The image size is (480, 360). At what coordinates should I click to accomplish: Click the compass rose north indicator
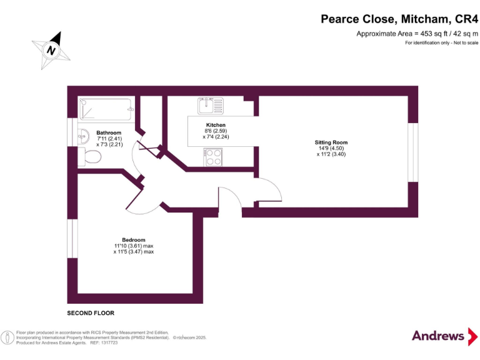click(52, 49)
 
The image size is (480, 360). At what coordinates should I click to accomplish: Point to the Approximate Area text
click(417, 34)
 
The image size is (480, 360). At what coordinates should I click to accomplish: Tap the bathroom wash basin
click(83, 134)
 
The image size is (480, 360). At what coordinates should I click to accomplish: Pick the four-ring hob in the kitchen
click(212, 157)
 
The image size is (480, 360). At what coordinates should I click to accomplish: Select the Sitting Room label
click(331, 142)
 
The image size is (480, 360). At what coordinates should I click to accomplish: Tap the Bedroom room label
click(134, 240)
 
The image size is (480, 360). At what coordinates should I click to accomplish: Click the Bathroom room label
click(109, 132)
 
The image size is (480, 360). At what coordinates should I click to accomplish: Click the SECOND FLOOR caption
click(91, 312)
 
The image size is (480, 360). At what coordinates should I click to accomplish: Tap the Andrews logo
click(438, 336)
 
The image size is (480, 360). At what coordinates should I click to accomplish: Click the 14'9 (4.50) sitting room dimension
click(331, 148)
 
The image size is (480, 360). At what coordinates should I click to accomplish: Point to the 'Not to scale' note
click(441, 42)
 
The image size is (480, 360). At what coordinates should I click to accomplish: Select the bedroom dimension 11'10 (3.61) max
click(133, 246)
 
